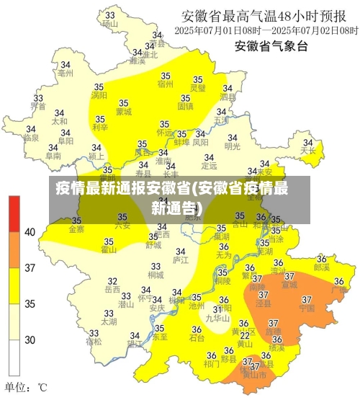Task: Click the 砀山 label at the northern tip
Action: [x=109, y=23]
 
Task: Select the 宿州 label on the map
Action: [x=166, y=84]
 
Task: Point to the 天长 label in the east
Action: [x=308, y=151]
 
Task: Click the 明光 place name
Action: [x=233, y=146]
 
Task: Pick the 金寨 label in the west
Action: [x=76, y=229]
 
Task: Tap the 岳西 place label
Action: [x=112, y=289]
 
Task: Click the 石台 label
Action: [x=197, y=337]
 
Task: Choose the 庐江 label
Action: [x=181, y=259]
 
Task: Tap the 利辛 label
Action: [x=100, y=128]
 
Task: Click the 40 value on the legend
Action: [x=30, y=232]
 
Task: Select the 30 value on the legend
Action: [x=30, y=339]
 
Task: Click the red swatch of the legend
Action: [x=14, y=213]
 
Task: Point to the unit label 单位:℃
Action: [x=26, y=388]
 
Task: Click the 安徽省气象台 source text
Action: [x=271, y=47]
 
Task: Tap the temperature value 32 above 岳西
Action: [x=112, y=281]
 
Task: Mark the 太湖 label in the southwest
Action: [x=109, y=321]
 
